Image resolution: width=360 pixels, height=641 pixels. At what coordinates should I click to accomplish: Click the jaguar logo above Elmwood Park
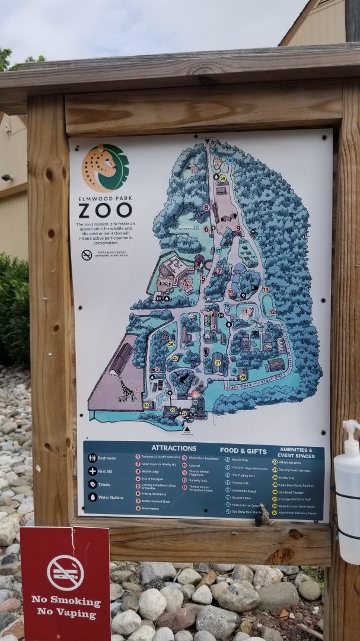(105, 168)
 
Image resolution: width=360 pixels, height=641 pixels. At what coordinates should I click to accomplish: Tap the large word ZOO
(105, 210)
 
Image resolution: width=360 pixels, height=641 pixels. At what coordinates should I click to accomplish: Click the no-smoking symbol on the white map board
(87, 255)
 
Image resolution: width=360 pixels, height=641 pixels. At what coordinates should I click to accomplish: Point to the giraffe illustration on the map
(127, 390)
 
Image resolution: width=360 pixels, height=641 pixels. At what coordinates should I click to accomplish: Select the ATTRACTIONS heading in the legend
(174, 448)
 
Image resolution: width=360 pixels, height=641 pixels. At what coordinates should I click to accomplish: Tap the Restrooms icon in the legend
(93, 458)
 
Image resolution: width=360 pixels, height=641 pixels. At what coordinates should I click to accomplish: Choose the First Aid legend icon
(93, 471)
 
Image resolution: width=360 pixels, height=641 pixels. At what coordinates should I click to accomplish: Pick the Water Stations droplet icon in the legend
(93, 497)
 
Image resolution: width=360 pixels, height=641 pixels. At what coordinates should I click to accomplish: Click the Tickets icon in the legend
(93, 484)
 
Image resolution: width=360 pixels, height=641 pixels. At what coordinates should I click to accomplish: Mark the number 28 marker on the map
(222, 178)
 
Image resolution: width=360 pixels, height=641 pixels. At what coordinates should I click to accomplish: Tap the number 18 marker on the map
(229, 160)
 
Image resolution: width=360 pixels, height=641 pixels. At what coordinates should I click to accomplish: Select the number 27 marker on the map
(218, 363)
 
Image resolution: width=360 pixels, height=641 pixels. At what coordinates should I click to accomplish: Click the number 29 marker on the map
(242, 377)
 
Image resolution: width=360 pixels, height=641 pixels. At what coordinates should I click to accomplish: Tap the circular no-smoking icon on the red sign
(65, 572)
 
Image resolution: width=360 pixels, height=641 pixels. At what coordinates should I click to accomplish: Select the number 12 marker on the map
(272, 312)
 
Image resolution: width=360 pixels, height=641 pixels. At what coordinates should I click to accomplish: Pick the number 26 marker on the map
(171, 344)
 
